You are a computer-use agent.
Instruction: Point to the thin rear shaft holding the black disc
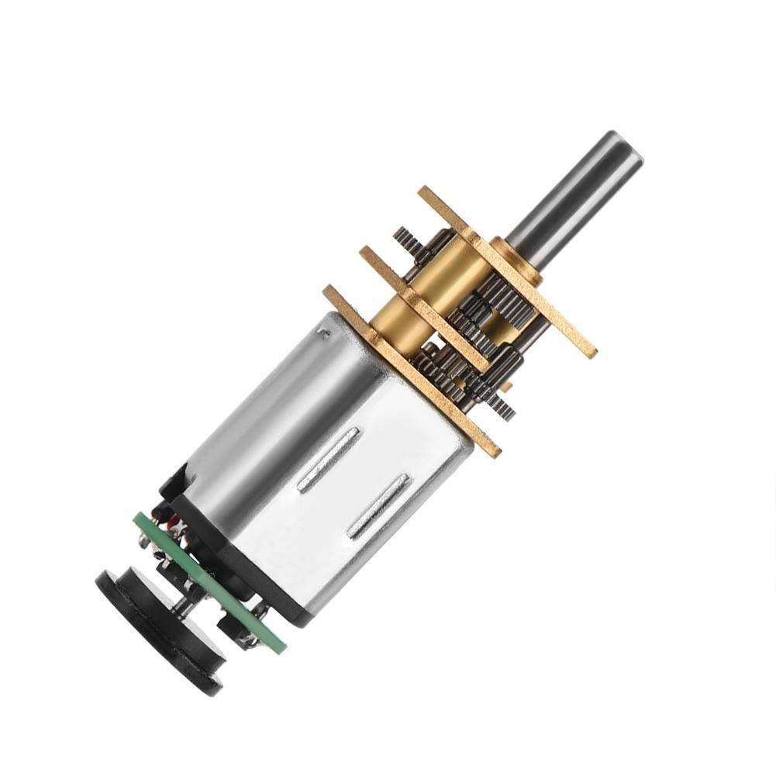[186, 605]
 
